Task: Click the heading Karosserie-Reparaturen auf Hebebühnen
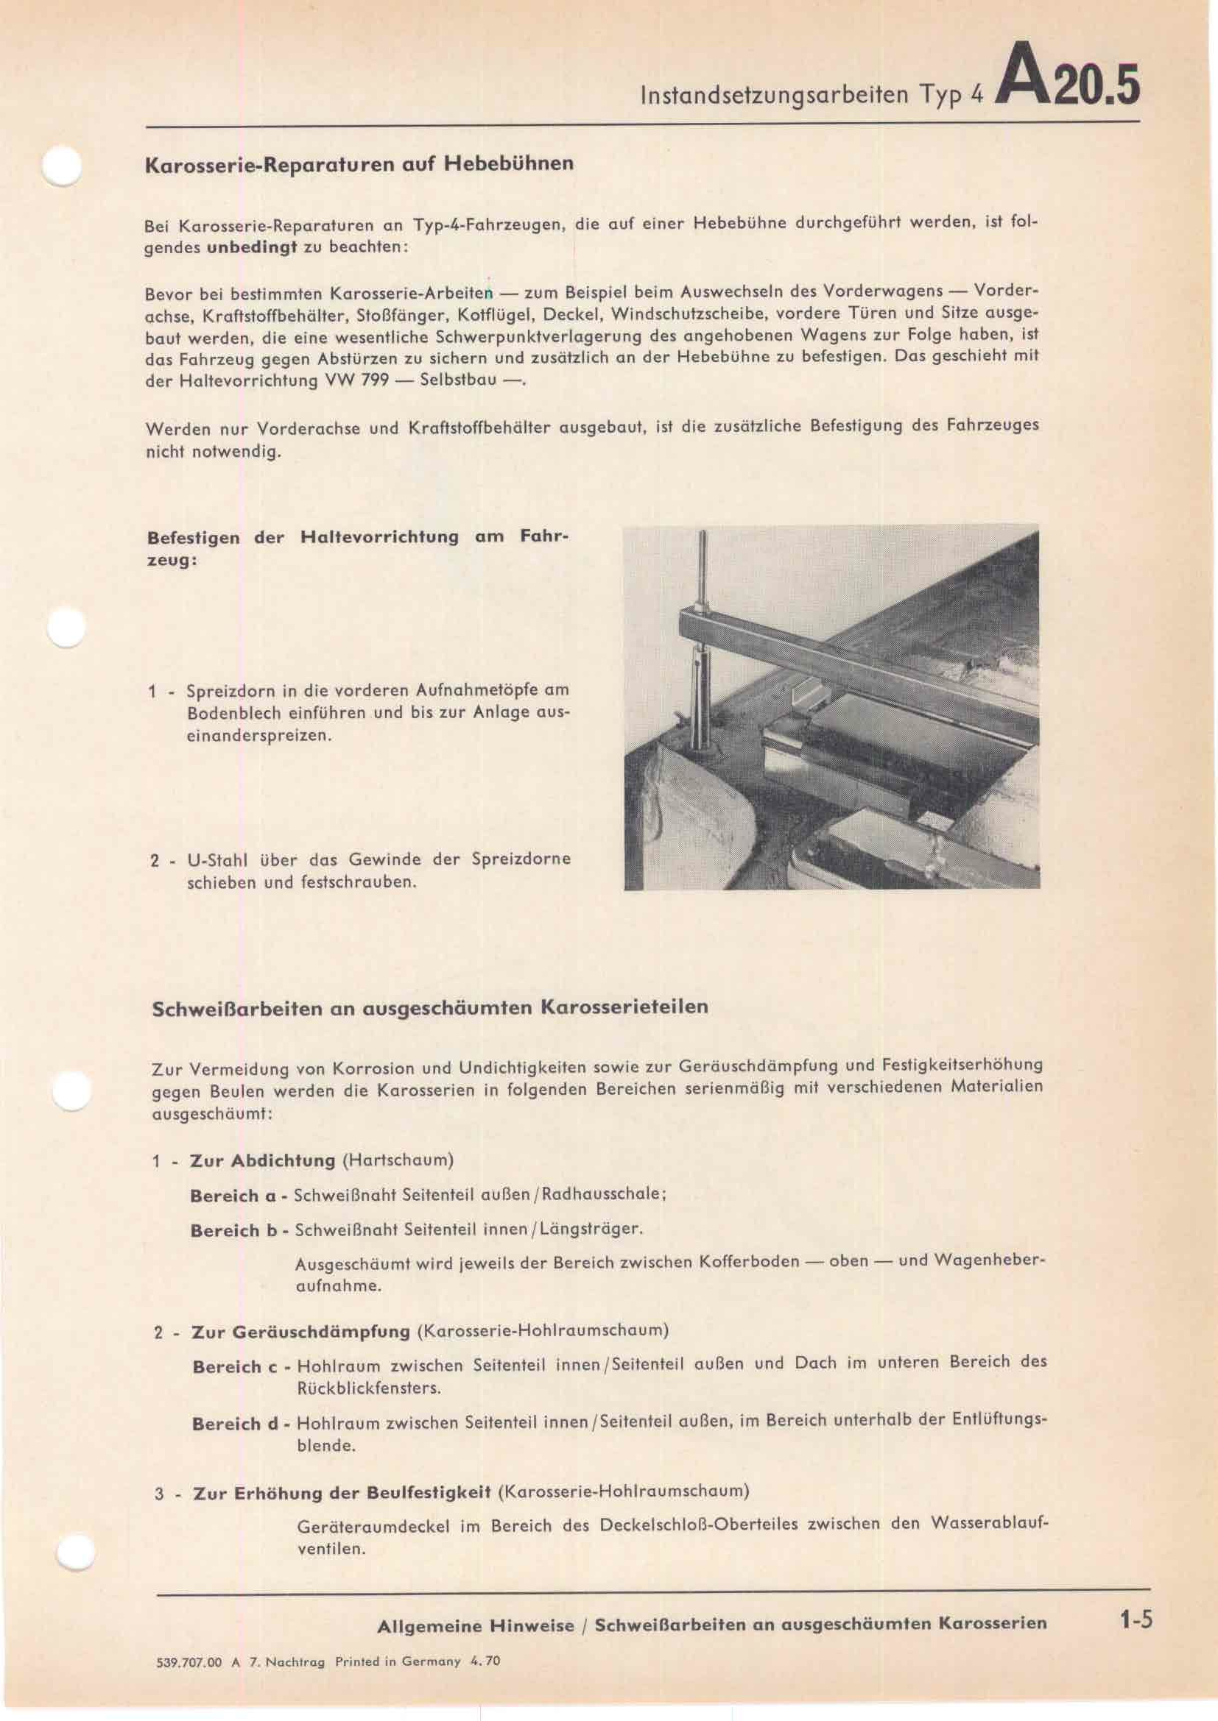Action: click(x=359, y=163)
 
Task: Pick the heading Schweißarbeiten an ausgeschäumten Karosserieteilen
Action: click(x=430, y=1007)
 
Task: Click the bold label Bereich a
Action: click(x=233, y=1196)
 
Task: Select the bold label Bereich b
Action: click(x=234, y=1231)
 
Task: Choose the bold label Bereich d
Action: click(x=236, y=1424)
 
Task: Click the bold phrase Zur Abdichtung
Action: click(x=262, y=1161)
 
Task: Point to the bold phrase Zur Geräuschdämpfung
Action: click(x=300, y=1332)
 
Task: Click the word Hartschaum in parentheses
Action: click(x=398, y=1161)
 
